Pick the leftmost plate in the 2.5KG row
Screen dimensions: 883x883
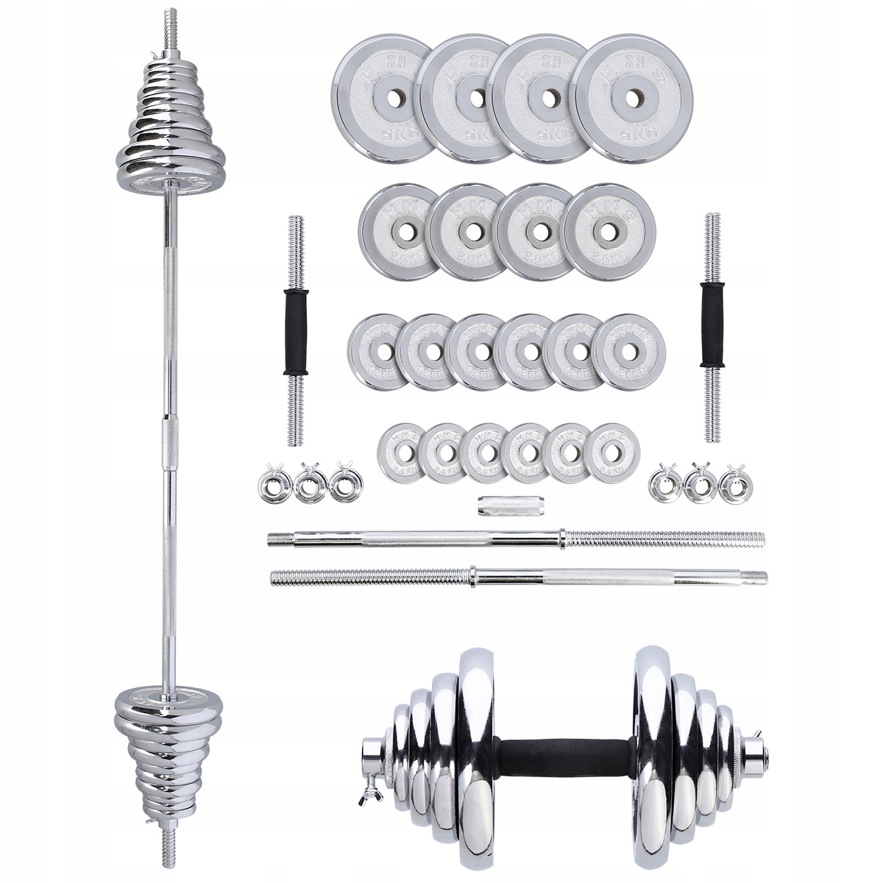pyautogui.click(x=397, y=231)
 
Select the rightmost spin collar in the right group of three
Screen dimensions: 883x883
pyautogui.click(x=731, y=485)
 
